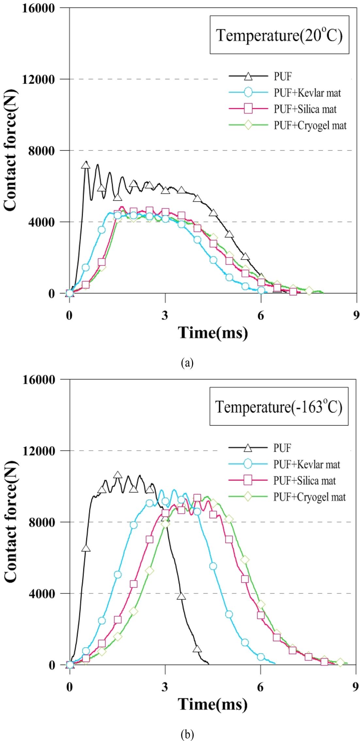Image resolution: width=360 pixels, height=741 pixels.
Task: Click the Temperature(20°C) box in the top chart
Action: coord(279,35)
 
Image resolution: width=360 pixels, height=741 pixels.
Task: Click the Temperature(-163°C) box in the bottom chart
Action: coord(279,407)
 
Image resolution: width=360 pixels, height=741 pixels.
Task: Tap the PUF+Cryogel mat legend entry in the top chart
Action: coord(310,125)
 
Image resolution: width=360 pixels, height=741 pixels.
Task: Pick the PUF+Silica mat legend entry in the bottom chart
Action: coord(304,481)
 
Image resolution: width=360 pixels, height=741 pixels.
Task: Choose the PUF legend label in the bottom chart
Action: coord(282,448)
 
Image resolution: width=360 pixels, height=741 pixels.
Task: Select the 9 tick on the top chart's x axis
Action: coord(356,315)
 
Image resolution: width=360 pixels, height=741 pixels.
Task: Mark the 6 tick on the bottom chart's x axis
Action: coord(260,687)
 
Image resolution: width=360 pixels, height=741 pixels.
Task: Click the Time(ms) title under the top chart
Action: coord(213,333)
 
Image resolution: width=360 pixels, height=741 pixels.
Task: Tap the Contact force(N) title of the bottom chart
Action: coord(10,522)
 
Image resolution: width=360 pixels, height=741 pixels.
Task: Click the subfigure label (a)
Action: coord(187,362)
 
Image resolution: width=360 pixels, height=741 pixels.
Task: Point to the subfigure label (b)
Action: coord(187,735)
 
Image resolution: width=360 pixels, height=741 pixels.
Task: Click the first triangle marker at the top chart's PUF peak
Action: coord(86,165)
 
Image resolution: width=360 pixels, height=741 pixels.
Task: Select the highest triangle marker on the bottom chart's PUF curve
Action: coord(118,475)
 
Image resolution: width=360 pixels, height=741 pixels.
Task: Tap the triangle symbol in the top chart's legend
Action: coord(248,77)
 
